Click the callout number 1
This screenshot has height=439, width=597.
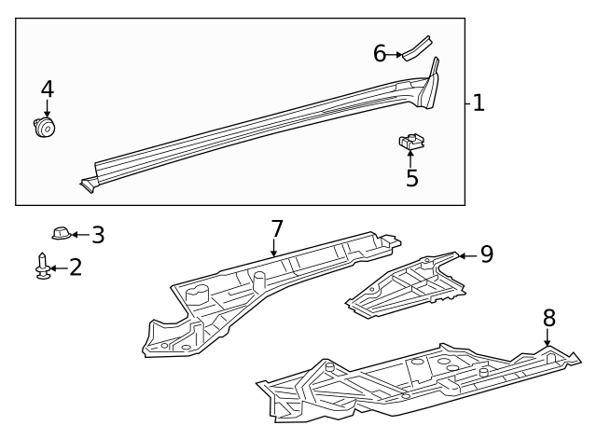click(x=478, y=103)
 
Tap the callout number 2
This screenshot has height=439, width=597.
click(x=76, y=268)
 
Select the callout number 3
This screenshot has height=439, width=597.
click(x=97, y=235)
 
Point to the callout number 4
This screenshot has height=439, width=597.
click(x=47, y=89)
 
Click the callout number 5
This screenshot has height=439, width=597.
click(x=411, y=177)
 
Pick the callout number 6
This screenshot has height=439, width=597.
click(x=380, y=54)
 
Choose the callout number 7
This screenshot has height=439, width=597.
click(x=276, y=228)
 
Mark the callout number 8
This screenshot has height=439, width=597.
click(x=548, y=318)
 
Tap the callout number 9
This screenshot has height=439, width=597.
click(x=486, y=254)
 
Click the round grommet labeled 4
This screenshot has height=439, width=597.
click(x=42, y=127)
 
